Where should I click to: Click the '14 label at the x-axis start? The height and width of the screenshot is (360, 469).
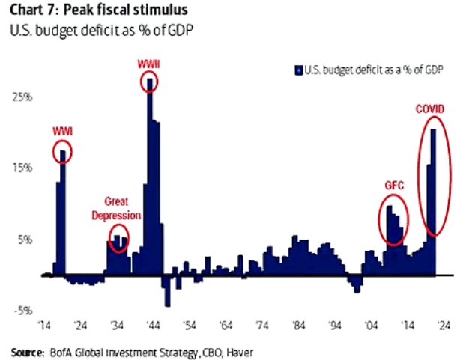pyautogui.click(x=45, y=326)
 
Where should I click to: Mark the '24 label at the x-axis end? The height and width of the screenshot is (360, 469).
pyautogui.click(x=444, y=326)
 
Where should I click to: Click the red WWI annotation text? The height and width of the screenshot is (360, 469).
pyautogui.click(x=63, y=132)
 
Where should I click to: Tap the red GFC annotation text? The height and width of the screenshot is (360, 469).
pyautogui.click(x=394, y=183)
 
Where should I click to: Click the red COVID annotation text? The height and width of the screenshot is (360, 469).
pyautogui.click(x=430, y=110)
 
